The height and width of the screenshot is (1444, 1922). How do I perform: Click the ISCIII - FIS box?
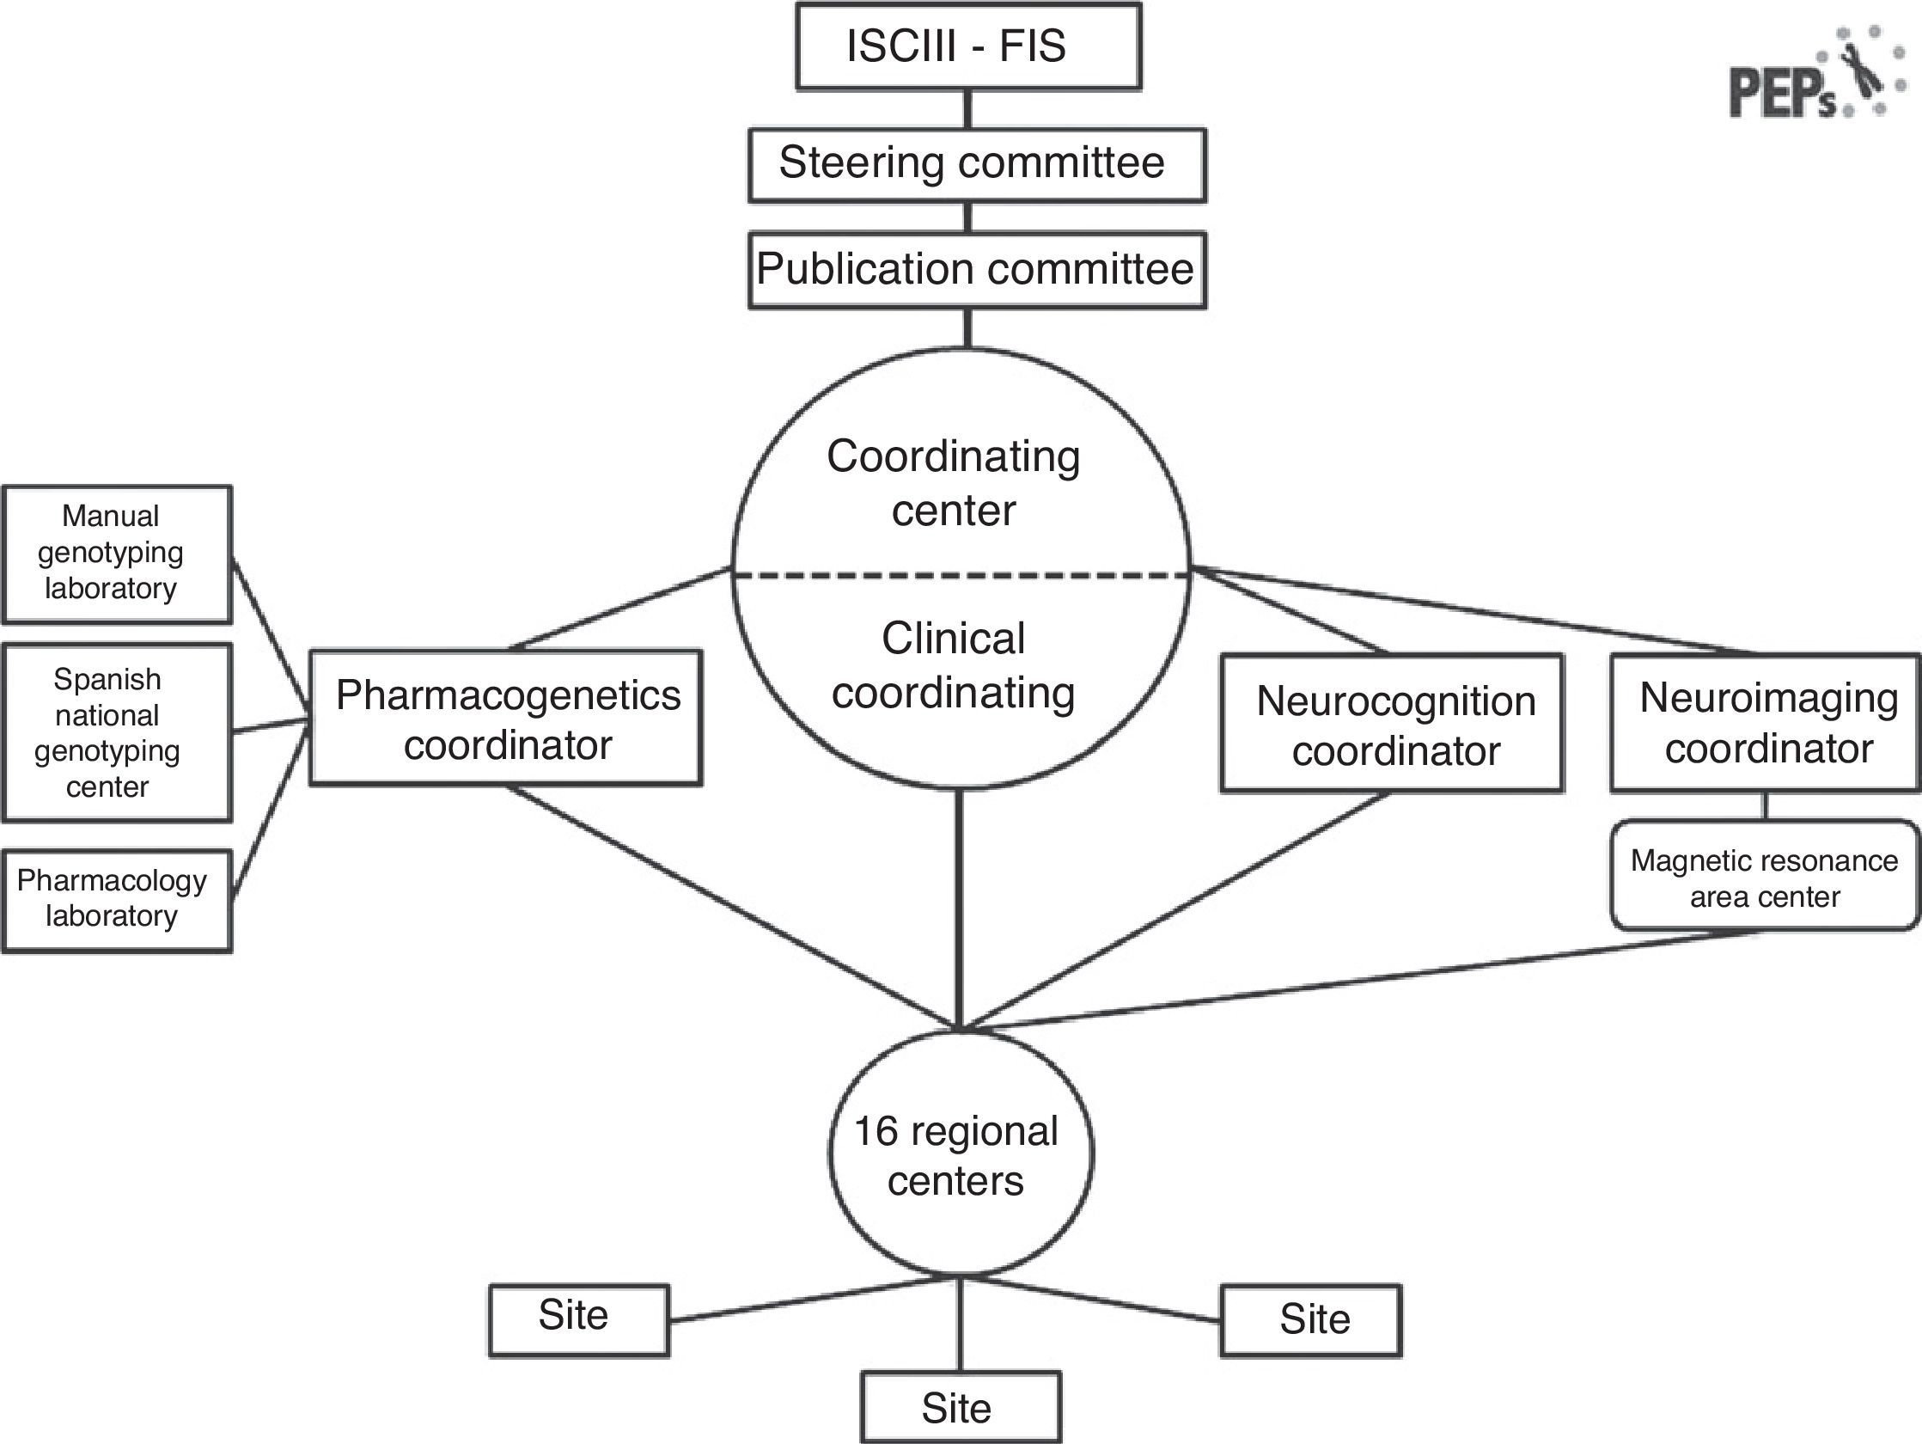[x=968, y=46]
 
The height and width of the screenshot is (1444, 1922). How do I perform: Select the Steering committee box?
[x=977, y=165]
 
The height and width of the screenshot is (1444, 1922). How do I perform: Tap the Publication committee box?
[x=977, y=270]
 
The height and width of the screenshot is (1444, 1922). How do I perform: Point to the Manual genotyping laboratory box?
[x=118, y=554]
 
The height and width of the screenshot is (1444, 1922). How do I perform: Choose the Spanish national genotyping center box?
[x=118, y=732]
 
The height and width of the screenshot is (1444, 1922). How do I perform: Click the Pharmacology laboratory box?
[x=118, y=900]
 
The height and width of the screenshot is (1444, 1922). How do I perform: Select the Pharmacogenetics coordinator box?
[x=506, y=718]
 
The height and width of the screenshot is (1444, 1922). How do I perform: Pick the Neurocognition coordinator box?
[x=1391, y=724]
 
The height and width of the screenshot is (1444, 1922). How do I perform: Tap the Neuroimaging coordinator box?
[x=1764, y=724]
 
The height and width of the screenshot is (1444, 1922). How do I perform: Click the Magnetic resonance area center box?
[x=1764, y=876]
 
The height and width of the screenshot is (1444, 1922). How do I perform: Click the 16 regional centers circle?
[x=959, y=1154]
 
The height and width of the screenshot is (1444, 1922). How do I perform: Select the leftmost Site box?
[x=579, y=1319]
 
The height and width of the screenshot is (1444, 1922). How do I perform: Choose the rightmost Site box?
[x=1310, y=1319]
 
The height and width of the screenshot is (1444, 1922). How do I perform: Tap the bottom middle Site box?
[x=960, y=1407]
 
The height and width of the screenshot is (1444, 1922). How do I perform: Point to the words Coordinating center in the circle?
[x=953, y=482]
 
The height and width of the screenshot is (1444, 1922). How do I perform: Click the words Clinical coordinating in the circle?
[x=953, y=665]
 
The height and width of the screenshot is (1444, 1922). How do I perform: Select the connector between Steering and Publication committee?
[x=968, y=217]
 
